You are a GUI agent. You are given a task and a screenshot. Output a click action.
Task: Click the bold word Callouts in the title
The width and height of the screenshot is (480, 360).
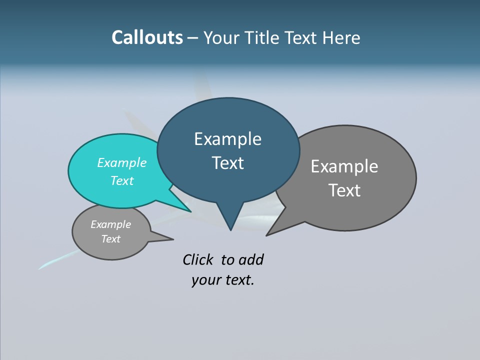click(147, 37)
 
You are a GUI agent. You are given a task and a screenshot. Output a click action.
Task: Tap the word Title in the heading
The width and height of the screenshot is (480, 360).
click(263, 37)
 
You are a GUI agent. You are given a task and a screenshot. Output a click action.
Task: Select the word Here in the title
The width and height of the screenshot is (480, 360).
click(340, 37)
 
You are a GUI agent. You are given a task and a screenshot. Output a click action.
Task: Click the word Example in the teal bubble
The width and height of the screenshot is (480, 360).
click(121, 162)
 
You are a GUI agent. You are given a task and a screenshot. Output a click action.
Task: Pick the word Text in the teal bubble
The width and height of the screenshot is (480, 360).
click(121, 180)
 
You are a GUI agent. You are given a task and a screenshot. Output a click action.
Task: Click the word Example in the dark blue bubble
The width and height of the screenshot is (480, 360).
click(227, 139)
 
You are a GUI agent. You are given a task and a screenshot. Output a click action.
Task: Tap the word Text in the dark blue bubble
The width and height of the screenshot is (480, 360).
click(227, 163)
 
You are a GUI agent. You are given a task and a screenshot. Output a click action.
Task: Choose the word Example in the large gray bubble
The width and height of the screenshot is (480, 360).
click(344, 166)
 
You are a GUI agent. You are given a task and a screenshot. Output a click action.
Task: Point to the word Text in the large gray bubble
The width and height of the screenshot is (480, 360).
click(344, 190)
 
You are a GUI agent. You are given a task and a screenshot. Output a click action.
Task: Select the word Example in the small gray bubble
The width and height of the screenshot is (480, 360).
click(110, 224)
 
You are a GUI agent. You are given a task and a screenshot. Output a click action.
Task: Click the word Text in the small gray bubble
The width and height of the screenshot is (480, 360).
click(110, 239)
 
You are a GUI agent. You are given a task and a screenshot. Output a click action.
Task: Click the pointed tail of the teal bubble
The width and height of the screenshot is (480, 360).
click(189, 210)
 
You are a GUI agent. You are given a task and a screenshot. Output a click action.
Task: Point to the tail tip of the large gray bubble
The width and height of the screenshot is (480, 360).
click(268, 234)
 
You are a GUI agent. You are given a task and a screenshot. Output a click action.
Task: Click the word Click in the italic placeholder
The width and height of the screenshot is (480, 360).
click(197, 259)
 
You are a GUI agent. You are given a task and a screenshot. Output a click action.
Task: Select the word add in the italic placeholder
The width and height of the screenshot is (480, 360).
click(251, 259)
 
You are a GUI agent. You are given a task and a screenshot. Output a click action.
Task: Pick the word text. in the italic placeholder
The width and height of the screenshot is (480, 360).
click(238, 280)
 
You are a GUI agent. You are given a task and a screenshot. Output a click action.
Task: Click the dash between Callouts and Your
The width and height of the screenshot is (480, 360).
click(193, 38)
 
